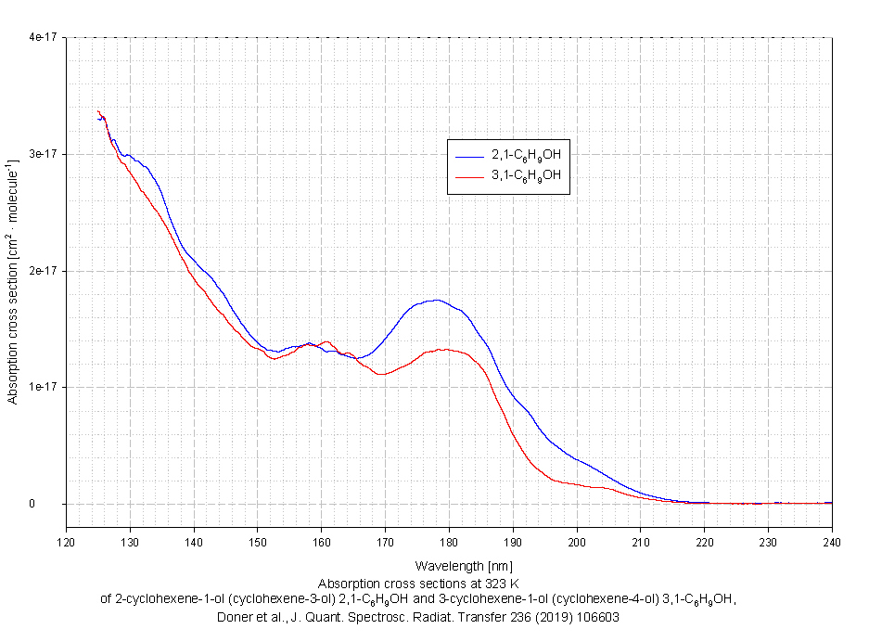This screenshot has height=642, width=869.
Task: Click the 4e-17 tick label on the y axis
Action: tap(45, 37)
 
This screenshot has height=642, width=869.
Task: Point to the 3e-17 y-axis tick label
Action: tap(45, 154)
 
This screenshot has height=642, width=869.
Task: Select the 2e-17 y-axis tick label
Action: tap(45, 271)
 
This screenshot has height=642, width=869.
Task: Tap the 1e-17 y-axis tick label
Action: tap(45, 387)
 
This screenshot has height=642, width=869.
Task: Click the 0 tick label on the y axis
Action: tap(57, 504)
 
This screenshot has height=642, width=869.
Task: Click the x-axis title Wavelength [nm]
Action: tap(449, 565)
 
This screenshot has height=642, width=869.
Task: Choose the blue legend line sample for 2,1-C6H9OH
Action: tap(470, 155)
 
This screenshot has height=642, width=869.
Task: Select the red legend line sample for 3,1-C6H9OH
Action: tap(470, 175)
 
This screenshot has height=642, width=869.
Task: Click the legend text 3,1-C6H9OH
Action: tap(526, 175)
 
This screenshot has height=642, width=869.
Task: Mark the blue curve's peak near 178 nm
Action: tap(435, 300)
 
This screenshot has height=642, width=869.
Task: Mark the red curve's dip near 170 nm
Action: tap(380, 374)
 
